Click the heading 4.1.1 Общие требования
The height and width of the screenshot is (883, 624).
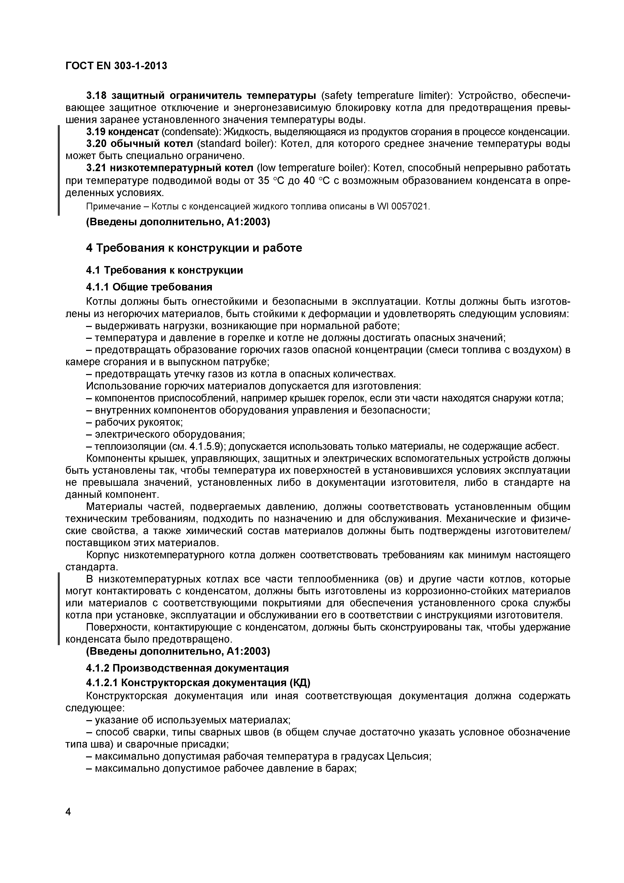[x=149, y=287]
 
